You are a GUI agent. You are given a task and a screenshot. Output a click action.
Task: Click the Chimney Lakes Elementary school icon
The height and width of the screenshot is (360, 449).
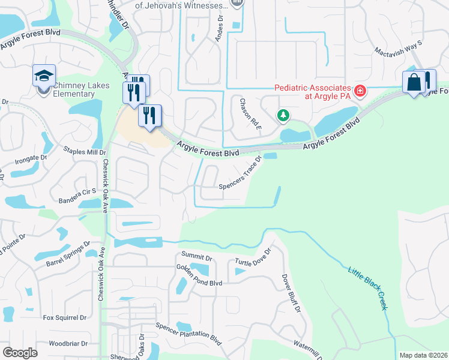pyautogui.click(x=44, y=76)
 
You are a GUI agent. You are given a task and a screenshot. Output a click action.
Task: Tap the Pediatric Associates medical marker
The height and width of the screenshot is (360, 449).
pyautogui.click(x=360, y=91)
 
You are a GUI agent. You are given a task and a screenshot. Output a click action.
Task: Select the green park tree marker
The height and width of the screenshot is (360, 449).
pyautogui.click(x=283, y=115)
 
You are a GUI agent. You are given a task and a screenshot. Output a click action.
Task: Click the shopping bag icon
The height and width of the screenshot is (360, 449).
pyautogui.click(x=415, y=82)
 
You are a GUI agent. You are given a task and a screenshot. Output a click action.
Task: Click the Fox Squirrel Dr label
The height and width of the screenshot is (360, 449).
pyautogui.click(x=65, y=317)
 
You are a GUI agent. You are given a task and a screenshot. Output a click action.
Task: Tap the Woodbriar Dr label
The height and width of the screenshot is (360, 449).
pyautogui.click(x=68, y=344)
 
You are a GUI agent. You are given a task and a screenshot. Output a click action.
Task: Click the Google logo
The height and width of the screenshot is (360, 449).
pyautogui.click(x=20, y=352)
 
